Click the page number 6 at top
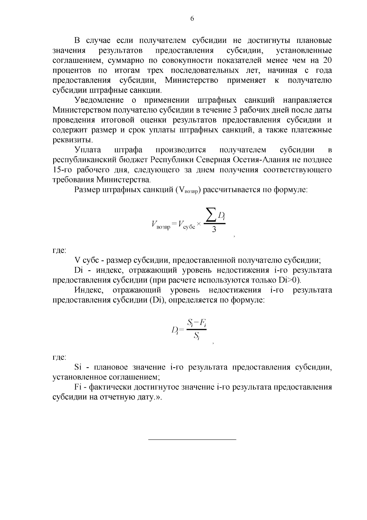click(192, 19)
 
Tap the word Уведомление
click(99, 101)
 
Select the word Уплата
click(87, 150)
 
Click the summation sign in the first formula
click(210, 217)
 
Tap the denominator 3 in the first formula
click(214, 230)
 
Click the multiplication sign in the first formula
click(198, 224)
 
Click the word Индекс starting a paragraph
click(90, 290)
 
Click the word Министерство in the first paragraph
click(191, 80)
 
